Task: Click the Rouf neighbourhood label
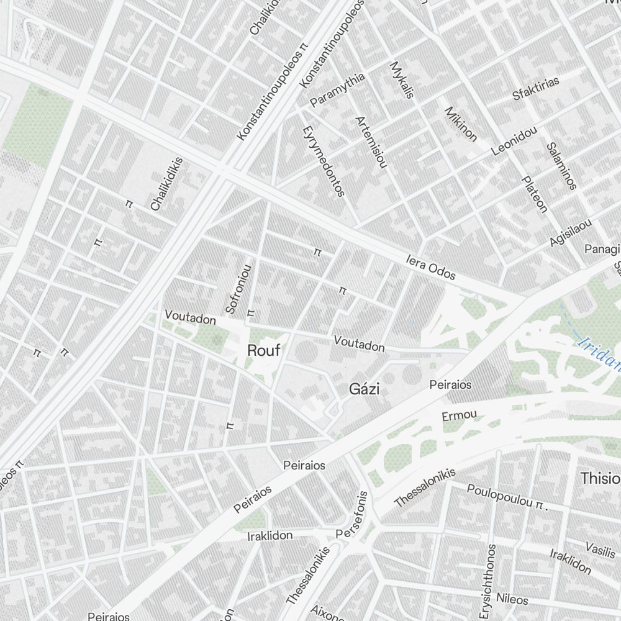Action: click(x=264, y=350)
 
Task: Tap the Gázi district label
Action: click(x=365, y=389)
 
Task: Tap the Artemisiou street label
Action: click(x=371, y=142)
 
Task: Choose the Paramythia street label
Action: click(x=338, y=90)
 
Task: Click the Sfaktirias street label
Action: click(x=535, y=88)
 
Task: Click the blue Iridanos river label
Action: click(x=597, y=352)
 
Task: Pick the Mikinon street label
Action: click(x=461, y=124)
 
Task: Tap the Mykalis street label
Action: click(x=401, y=79)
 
